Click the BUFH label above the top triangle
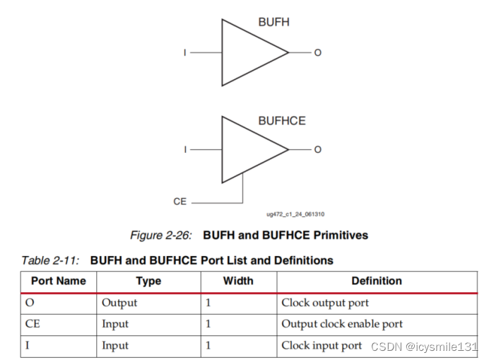pos(273,22)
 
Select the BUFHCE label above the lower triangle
pos(281,120)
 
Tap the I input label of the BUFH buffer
pos(186,52)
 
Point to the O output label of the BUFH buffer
pos(317,52)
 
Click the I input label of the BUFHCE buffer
pos(186,149)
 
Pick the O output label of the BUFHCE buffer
pos(317,149)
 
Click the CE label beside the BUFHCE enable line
pos(180,202)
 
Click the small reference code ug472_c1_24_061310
pos(295,214)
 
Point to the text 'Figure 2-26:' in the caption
pos(163,235)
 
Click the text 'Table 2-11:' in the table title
pos(50,260)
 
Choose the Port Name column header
pos(58,281)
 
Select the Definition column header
pos(377,281)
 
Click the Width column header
pos(238,281)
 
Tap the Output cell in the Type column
pos(119,303)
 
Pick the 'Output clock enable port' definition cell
pos(342,324)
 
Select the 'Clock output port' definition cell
pos(324,303)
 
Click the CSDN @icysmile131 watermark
pos(425,347)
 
